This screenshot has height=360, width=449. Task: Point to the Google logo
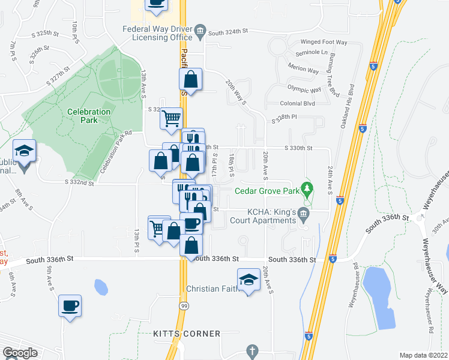click(20, 353)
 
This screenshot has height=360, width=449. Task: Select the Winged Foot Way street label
click(324, 42)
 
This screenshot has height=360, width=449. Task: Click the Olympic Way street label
click(304, 89)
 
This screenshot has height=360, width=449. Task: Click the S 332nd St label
click(79, 182)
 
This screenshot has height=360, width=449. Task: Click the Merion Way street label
click(304, 70)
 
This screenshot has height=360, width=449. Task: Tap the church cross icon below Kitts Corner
click(252, 350)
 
